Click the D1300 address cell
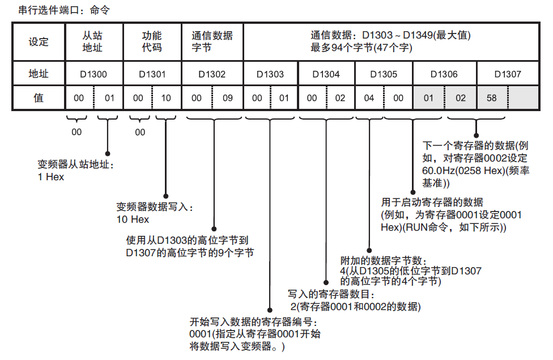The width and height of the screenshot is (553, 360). tap(93, 74)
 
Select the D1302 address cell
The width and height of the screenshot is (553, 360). tap(212, 74)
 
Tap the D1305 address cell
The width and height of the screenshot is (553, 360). tap(384, 74)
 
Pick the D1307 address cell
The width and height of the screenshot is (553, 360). tap(508, 74)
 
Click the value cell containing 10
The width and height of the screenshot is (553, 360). tap(167, 98)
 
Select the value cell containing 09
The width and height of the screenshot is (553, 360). tap(228, 98)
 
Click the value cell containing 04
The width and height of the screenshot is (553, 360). tap(369, 98)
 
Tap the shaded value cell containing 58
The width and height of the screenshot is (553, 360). tap(492, 98)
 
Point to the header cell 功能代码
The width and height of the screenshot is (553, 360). tap(152, 41)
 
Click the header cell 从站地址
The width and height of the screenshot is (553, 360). tap(93, 41)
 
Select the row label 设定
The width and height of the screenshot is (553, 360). tap(39, 41)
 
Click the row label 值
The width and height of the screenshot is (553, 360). tap(39, 98)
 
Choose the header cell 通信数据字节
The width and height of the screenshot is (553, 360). tap(212, 41)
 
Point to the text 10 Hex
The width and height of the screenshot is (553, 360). tap(133, 219)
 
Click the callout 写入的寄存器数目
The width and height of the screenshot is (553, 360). tap(329, 295)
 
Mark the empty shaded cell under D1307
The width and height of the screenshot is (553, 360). tap(522, 98)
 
